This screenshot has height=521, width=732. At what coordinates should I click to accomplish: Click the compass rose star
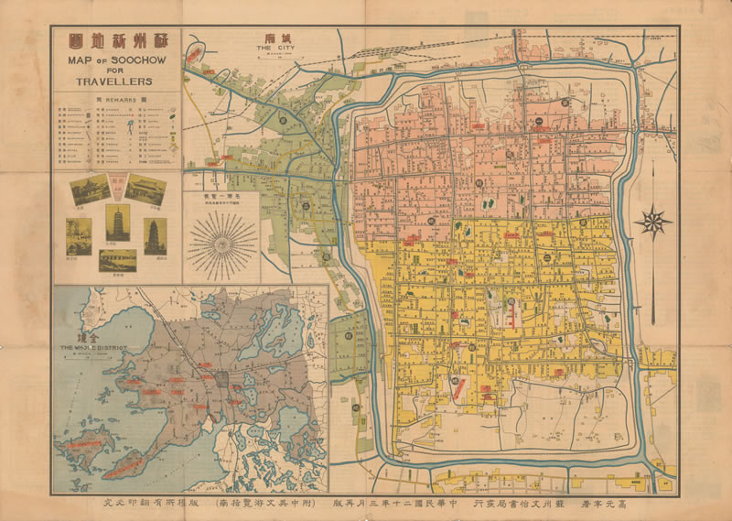(653, 222)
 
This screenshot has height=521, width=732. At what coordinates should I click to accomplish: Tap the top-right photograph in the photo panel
(146, 190)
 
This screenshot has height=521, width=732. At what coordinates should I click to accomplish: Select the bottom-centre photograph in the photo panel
(117, 259)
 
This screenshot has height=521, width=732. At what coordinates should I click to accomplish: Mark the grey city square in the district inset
(221, 377)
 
